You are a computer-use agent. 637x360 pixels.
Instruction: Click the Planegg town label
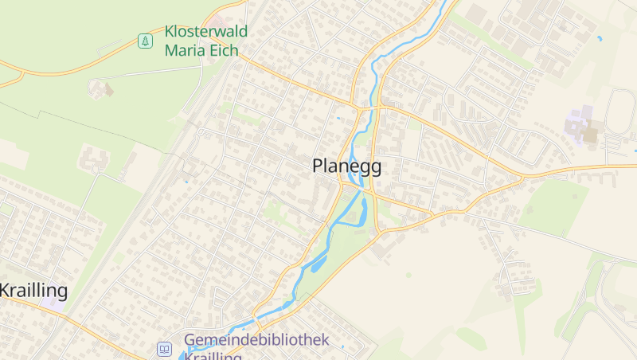point(346,166)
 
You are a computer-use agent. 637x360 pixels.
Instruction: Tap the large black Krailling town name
point(33,290)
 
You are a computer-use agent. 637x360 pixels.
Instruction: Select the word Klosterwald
point(205,32)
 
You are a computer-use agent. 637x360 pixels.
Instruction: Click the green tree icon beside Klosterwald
point(145,41)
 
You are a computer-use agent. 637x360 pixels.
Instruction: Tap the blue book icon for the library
point(164,349)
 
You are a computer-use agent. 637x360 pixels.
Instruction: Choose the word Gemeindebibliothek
point(256,340)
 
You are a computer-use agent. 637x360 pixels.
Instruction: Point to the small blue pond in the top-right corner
point(599,37)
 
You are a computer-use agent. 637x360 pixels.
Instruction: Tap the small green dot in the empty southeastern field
point(408,275)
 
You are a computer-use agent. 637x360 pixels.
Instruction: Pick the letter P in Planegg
point(318,166)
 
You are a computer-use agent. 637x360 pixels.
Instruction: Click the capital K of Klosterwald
point(170,32)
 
